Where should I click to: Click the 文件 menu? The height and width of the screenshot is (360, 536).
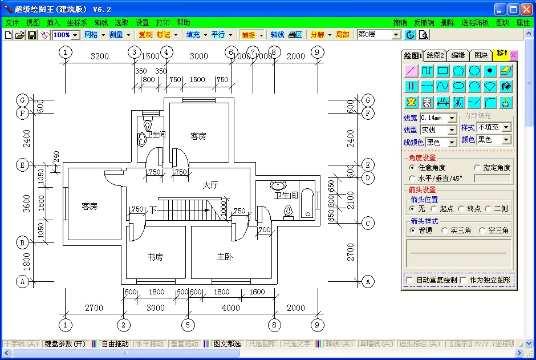point(12,23)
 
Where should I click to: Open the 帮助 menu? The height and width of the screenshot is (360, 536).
point(183,23)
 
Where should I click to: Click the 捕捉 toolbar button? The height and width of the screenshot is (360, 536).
point(248,35)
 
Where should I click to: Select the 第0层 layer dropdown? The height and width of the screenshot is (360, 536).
point(379,35)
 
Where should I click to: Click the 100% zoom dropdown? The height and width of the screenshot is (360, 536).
point(66,35)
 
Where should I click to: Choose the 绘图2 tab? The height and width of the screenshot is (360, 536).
point(436,55)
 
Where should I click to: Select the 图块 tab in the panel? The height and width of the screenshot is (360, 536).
point(481,55)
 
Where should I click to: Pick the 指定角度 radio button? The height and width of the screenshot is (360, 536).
point(478,168)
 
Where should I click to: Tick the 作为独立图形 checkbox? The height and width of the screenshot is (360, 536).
point(464,280)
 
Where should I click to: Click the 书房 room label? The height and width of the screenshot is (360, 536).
point(155,257)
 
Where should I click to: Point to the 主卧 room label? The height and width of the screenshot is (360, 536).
point(225,257)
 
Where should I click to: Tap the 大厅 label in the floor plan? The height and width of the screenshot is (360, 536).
point(210,185)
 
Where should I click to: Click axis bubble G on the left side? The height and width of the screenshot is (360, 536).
point(22,100)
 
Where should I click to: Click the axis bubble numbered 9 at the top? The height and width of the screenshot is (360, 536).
point(318,52)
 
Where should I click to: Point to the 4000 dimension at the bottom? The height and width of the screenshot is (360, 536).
point(231,308)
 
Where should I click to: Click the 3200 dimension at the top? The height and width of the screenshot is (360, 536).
point(99,56)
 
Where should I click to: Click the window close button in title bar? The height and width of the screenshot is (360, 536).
point(526,9)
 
